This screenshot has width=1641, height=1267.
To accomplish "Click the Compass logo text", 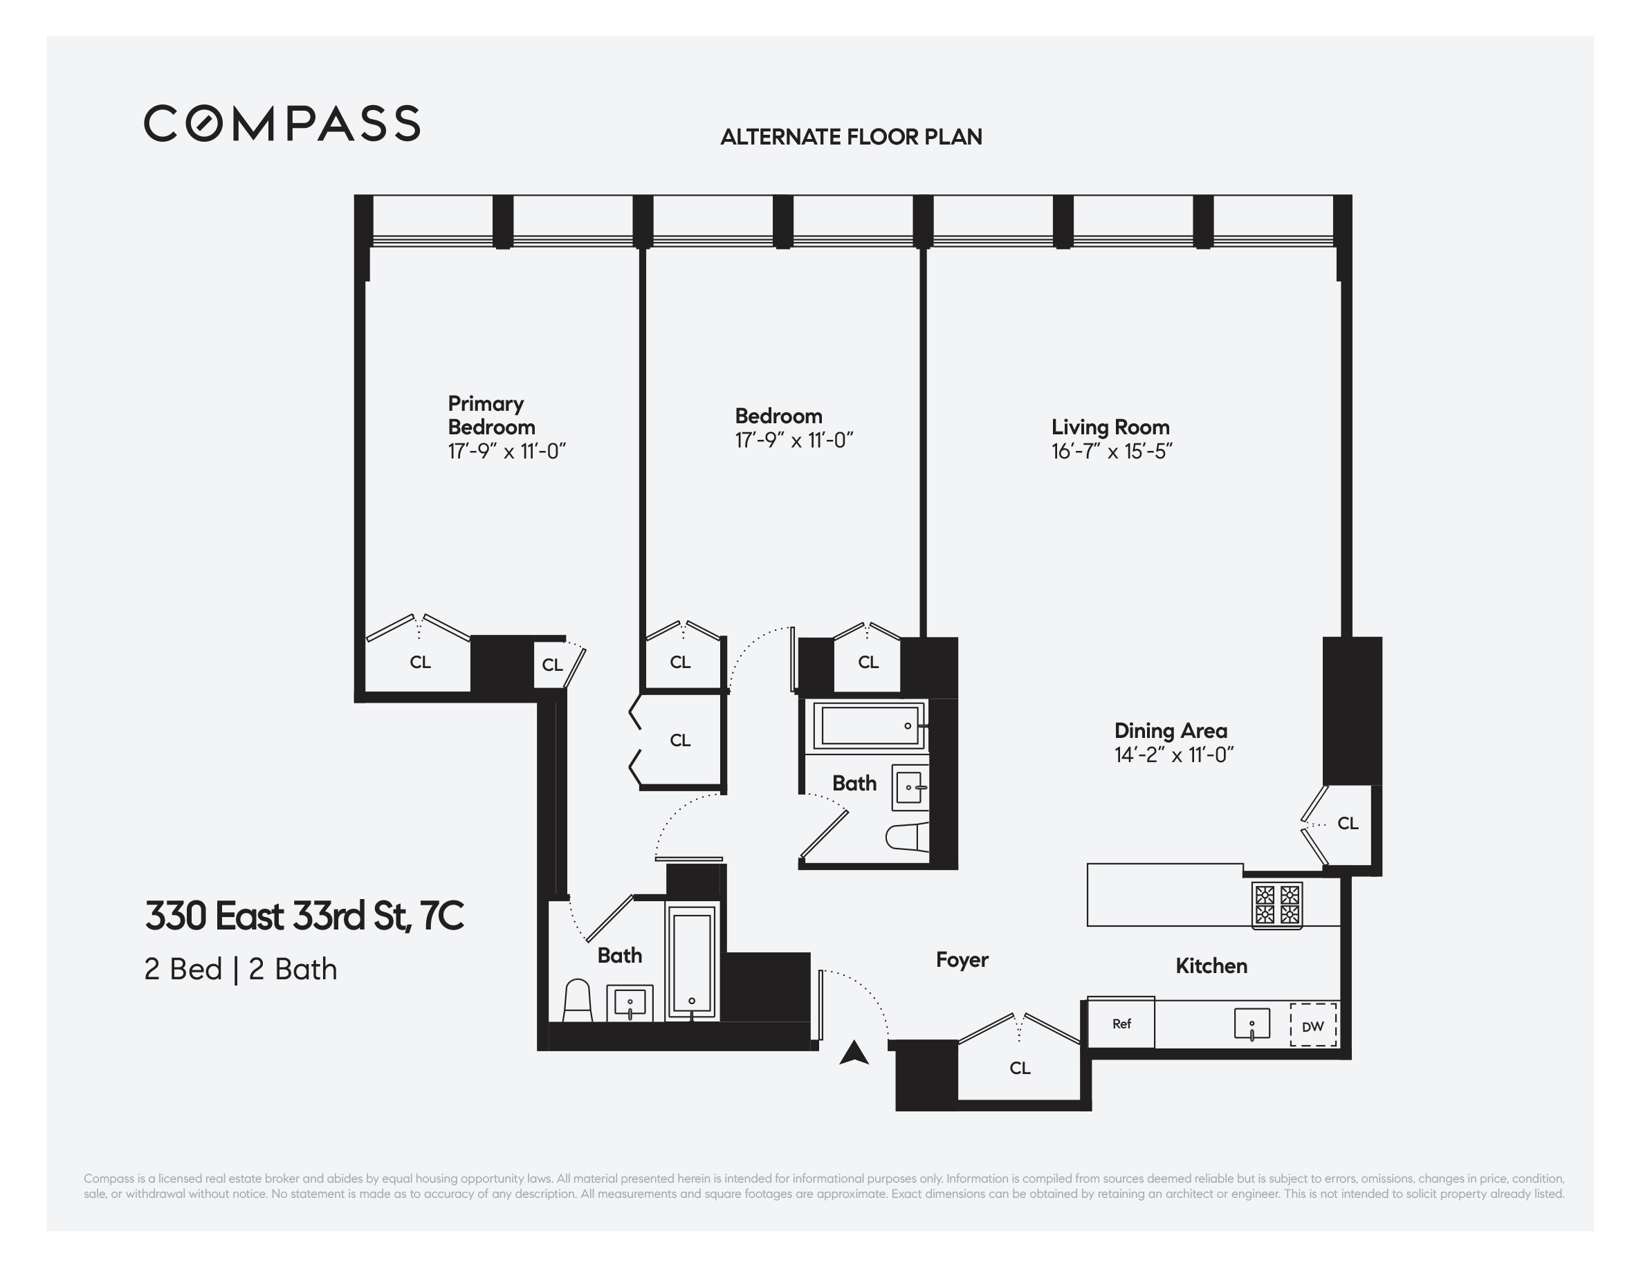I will click(x=282, y=124).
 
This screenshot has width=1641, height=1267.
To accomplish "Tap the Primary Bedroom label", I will click(x=491, y=416).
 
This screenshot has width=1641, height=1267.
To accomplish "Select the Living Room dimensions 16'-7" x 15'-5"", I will click(x=1111, y=452).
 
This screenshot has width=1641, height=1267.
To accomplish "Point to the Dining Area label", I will click(x=1170, y=731).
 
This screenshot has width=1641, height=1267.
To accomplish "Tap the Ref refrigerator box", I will click(x=1121, y=1024).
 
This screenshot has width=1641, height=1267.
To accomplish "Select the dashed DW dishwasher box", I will click(x=1312, y=1025).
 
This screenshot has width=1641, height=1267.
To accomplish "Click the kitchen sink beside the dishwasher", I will click(x=1252, y=1024).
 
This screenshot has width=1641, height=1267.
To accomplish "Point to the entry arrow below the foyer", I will click(x=854, y=1054).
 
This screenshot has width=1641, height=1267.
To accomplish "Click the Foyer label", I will click(x=962, y=960).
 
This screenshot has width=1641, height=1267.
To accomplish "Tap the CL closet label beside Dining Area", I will click(x=1347, y=824).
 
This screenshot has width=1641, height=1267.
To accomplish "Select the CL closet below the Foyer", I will click(x=1020, y=1068).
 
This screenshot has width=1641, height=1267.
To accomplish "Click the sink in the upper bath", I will click(x=909, y=788).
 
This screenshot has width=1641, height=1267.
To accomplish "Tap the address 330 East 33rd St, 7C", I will click(x=304, y=916).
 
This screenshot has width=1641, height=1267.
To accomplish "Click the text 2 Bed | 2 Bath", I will click(x=241, y=970).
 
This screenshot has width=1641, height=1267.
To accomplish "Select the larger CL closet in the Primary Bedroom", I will click(x=419, y=663).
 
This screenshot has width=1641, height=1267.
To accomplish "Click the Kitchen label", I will click(x=1211, y=966).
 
